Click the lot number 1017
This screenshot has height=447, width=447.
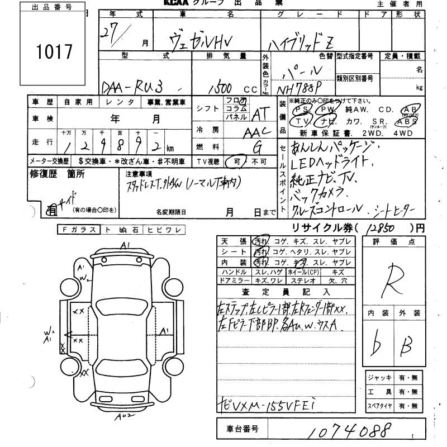coord(54,52)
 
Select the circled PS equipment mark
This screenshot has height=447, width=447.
coord(303,109)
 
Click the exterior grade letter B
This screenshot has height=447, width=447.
coord(406,346)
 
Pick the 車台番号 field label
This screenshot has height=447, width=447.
coord(242,429)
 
